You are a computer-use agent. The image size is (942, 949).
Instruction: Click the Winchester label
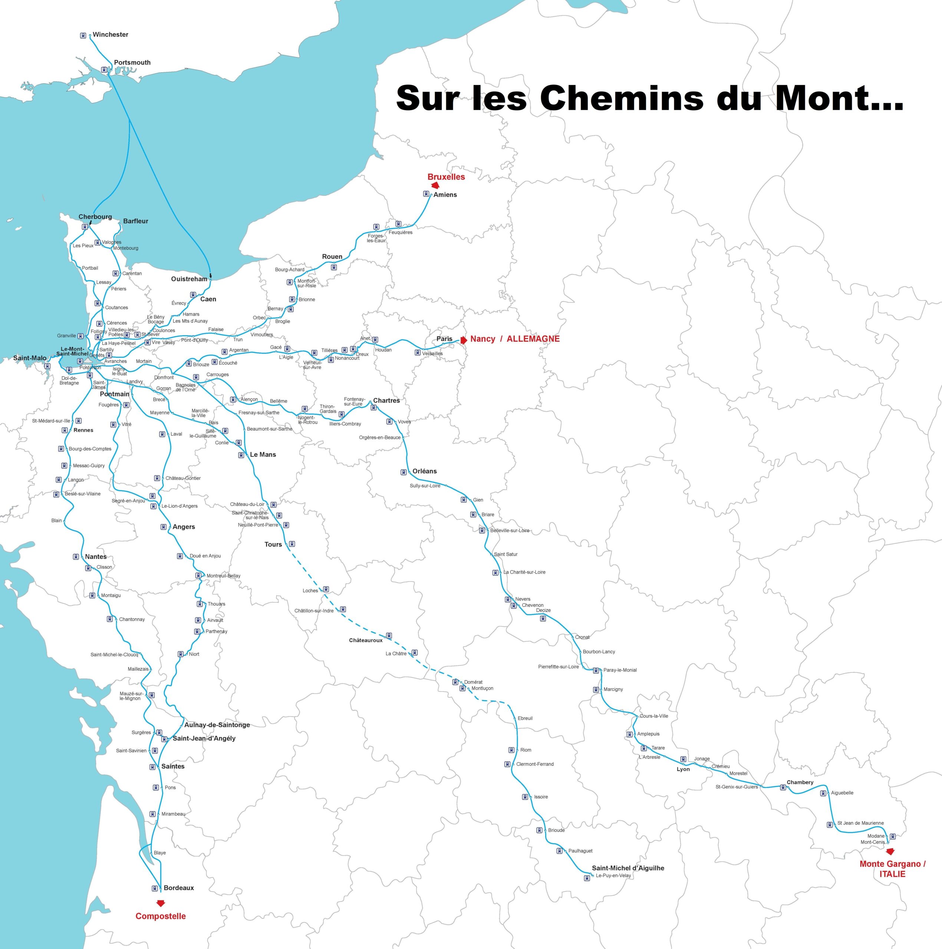pos(110,35)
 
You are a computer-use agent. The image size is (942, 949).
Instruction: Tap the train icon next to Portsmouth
pos(104,70)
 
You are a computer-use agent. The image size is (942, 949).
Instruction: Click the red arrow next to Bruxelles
pos(434,186)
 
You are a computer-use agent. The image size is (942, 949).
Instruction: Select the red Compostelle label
pos(161,916)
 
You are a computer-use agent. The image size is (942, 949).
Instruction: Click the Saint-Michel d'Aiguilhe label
pos(628,868)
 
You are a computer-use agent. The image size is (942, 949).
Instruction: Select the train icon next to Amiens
pos(426,194)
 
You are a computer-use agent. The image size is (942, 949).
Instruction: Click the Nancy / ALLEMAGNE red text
pos(514,339)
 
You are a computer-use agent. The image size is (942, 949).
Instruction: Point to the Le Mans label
pos(263,454)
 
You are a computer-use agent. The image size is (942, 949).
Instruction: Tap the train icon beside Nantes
pos(76,556)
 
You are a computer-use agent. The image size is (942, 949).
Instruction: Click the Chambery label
pos(800,783)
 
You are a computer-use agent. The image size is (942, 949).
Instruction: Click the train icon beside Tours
pos(292,544)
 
